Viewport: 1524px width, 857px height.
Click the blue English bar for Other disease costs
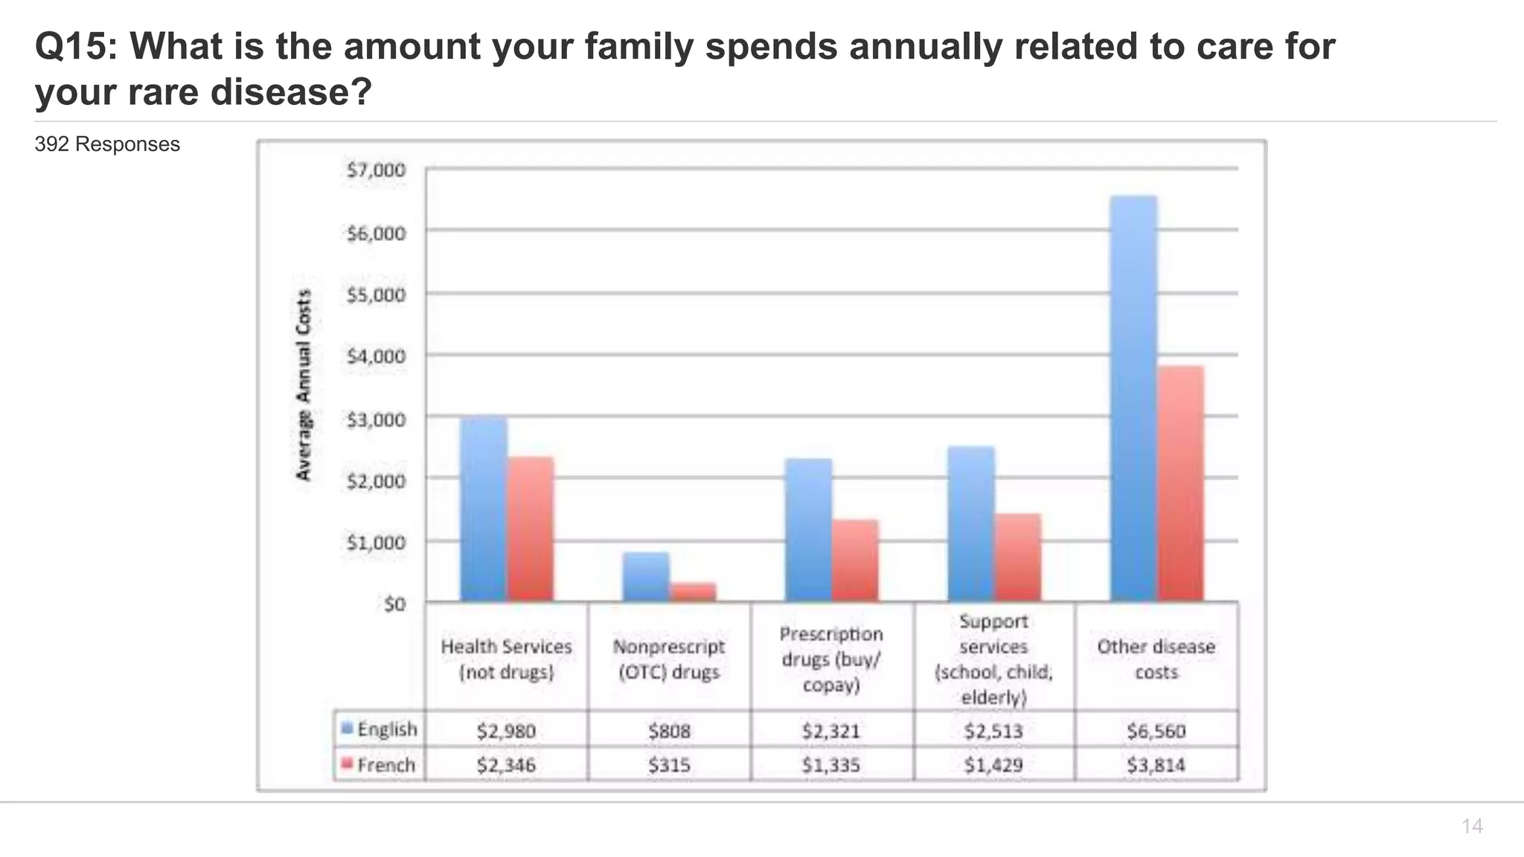coord(1133,399)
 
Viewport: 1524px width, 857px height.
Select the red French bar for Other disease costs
coord(1181,484)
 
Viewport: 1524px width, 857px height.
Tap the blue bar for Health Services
coord(484,509)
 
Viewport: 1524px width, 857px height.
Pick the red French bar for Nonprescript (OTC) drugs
coord(693,592)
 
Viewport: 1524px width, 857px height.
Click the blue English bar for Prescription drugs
coord(808,530)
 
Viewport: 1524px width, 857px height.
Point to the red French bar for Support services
coord(1018,557)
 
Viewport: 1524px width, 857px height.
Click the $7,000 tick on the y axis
coord(376,170)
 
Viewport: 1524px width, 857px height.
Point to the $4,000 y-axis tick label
coord(376,356)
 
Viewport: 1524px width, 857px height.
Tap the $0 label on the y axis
coord(394,603)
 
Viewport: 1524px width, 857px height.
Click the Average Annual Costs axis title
coord(304,385)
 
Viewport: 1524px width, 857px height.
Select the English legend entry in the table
coord(380,729)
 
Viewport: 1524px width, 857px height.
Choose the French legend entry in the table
coord(378,765)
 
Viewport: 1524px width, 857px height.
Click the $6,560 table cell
coord(1156,731)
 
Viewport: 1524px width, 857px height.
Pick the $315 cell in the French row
coord(669,765)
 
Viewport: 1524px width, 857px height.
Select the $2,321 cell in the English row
coord(830,731)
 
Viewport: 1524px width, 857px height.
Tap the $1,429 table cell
coord(993,765)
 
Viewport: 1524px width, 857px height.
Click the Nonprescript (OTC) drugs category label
coord(669,659)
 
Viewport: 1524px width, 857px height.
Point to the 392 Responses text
coord(107,144)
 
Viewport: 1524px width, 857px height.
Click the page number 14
coord(1471,826)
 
